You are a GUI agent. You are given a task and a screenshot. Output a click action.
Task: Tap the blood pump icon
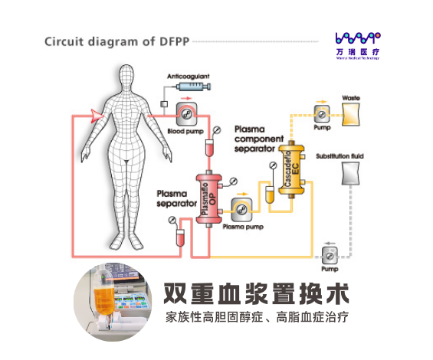tap(183, 115)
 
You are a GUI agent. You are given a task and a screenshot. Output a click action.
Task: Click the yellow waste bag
tap(352, 113)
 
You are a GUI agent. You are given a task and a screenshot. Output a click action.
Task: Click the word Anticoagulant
tap(188, 76)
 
